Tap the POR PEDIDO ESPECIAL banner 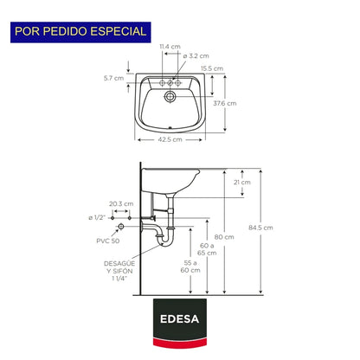click(80, 32)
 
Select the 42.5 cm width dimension click(170, 139)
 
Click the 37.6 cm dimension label click(225, 103)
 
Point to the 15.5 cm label click(212, 68)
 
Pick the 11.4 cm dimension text click(170, 47)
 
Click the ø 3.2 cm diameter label click(196, 56)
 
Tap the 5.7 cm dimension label click(113, 78)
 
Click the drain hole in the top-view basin click(170, 96)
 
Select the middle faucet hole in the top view click(170, 83)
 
